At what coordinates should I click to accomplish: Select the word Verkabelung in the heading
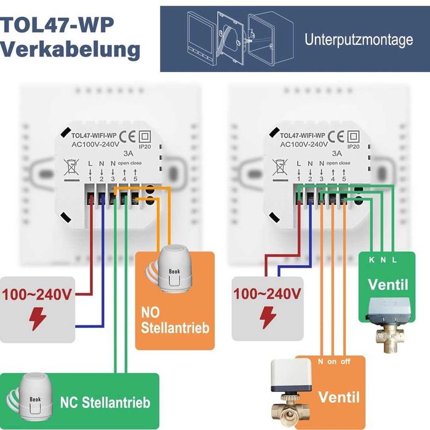pos(70,49)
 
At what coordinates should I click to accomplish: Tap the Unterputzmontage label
pos(359,40)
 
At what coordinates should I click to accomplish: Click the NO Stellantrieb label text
pos(175,319)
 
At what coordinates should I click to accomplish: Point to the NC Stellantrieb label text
pos(105,403)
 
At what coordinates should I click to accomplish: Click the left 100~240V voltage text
pos(36,293)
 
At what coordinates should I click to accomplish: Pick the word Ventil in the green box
pos(388,285)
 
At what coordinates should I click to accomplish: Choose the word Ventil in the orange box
pos(339,396)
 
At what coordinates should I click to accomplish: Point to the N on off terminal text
pos(335,362)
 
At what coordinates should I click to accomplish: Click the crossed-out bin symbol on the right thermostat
pos(280,167)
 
